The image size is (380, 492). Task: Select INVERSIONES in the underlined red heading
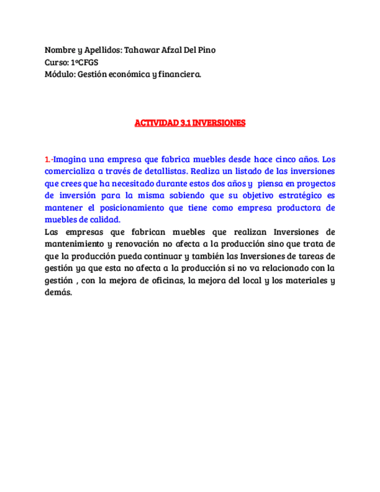pyautogui.click(x=219, y=123)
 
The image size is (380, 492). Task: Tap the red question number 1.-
pyautogui.click(x=49, y=159)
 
